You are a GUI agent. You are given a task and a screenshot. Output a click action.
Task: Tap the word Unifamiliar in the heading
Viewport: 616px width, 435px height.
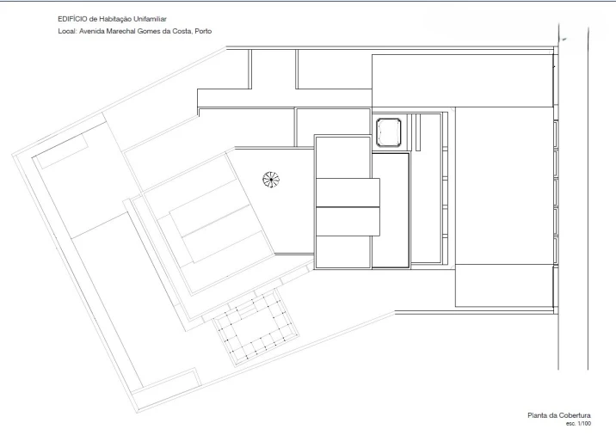pos(150,19)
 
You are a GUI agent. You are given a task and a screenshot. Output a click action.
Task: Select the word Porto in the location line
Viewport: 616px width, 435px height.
pos(203,31)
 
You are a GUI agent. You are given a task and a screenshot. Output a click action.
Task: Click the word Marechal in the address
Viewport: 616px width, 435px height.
pos(120,31)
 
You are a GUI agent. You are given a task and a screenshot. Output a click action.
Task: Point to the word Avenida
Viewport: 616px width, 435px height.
pos(92,31)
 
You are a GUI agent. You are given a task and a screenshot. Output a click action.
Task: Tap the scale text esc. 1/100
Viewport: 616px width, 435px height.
pos(578,424)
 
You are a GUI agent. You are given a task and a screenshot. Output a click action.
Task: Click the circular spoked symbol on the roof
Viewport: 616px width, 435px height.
pos(271,180)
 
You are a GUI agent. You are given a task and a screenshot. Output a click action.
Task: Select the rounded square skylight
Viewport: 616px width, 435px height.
pos(389,132)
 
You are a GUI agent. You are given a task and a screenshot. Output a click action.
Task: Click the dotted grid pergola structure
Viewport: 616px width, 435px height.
pos(256,328)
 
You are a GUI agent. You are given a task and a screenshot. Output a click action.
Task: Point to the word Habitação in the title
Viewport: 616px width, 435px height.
pos(115,19)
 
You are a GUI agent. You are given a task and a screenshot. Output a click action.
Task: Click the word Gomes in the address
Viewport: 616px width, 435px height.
pos(149,31)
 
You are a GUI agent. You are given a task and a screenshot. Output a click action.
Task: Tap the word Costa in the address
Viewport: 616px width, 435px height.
pos(182,31)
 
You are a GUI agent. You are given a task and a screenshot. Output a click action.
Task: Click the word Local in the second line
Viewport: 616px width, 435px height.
pos(67,31)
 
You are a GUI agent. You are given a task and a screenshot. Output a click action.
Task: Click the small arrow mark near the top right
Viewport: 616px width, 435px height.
pos(564,39)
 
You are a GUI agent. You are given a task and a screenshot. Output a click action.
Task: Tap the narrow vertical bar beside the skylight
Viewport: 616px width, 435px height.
pos(418,132)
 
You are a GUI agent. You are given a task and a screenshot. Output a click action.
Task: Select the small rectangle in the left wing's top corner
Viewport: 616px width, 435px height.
pos(62,152)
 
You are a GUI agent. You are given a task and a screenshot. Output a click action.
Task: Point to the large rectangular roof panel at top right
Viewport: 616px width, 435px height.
pos(462,81)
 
